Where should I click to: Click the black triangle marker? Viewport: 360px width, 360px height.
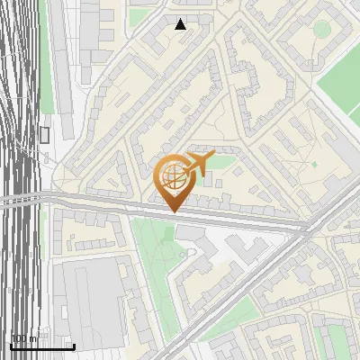tap(181, 24)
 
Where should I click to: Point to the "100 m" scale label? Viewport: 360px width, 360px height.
tap(24, 338)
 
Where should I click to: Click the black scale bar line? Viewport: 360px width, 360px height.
tap(41, 346)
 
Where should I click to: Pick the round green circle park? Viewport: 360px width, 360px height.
tap(322, 29)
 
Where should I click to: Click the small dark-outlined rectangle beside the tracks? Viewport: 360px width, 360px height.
tap(44, 135)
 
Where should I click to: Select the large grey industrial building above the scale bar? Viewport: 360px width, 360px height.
tap(90, 297)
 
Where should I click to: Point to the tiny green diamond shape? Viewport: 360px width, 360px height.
tap(314, 165)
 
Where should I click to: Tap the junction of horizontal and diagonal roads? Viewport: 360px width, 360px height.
tap(306, 229)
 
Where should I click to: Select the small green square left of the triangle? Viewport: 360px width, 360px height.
tap(139, 16)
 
